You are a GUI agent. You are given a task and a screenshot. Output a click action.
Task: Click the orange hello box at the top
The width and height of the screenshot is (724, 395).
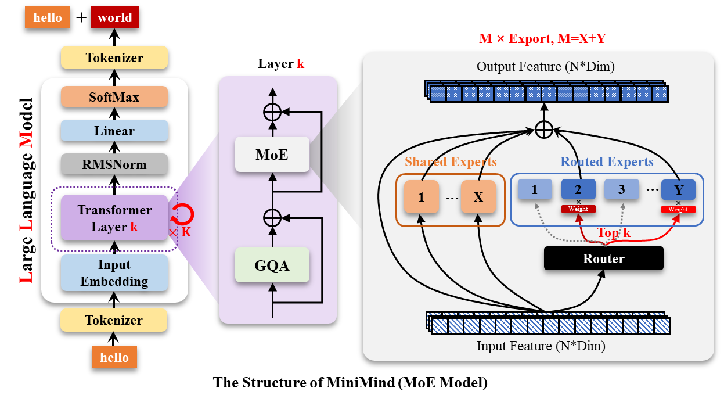point(48,17)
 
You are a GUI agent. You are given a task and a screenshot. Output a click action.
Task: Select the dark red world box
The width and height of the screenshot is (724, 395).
point(115,17)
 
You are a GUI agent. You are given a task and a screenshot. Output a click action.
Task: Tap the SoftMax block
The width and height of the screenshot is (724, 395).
point(114,97)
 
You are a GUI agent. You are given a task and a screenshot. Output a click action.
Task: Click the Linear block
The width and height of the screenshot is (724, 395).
point(114,131)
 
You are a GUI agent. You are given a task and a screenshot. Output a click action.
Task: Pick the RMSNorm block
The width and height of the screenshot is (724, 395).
point(114,164)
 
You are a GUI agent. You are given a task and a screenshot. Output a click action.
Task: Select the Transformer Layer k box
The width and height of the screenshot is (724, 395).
point(114,218)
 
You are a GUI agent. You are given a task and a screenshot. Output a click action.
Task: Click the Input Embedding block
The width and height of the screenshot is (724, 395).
point(114,273)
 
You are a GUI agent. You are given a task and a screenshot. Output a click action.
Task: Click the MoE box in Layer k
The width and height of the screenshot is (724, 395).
point(272,155)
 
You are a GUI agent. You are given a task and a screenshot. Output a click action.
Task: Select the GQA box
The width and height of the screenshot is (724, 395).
point(272,265)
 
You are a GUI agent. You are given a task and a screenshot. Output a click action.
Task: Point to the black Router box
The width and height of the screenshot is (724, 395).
point(603,258)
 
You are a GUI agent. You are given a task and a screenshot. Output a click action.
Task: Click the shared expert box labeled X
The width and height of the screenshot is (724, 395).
point(478,197)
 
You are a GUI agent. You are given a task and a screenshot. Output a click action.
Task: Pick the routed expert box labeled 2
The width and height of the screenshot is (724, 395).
point(578,190)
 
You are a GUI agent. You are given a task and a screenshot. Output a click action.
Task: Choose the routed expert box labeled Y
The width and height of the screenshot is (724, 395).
point(678,190)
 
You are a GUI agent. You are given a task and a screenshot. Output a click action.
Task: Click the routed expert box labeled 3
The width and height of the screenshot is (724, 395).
point(621,190)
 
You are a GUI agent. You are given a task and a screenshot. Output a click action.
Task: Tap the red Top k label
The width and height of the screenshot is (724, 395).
point(614,234)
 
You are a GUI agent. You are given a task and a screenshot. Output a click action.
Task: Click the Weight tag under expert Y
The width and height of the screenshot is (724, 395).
point(678,209)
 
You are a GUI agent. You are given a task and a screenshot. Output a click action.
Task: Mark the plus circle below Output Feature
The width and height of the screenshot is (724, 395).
point(544,129)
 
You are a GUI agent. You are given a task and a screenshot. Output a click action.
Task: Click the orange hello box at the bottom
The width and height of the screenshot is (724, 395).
point(114,357)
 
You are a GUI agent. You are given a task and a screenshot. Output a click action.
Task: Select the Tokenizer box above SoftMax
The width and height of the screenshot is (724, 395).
point(114,58)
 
